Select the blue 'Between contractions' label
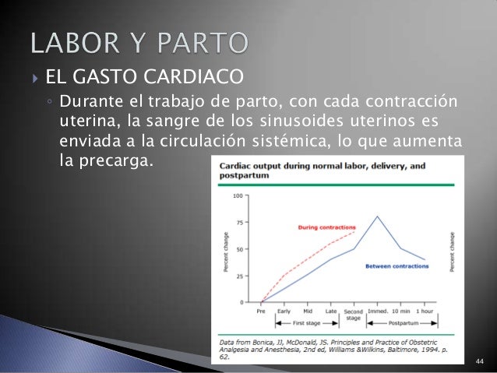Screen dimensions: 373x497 pos(397,266)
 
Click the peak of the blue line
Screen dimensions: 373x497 pos(378,216)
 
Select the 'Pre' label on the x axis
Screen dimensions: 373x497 pos(262,310)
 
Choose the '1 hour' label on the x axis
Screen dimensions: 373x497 pos(425,310)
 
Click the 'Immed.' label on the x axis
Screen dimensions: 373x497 pos(378,310)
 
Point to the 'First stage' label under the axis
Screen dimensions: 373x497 pos(306,321)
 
